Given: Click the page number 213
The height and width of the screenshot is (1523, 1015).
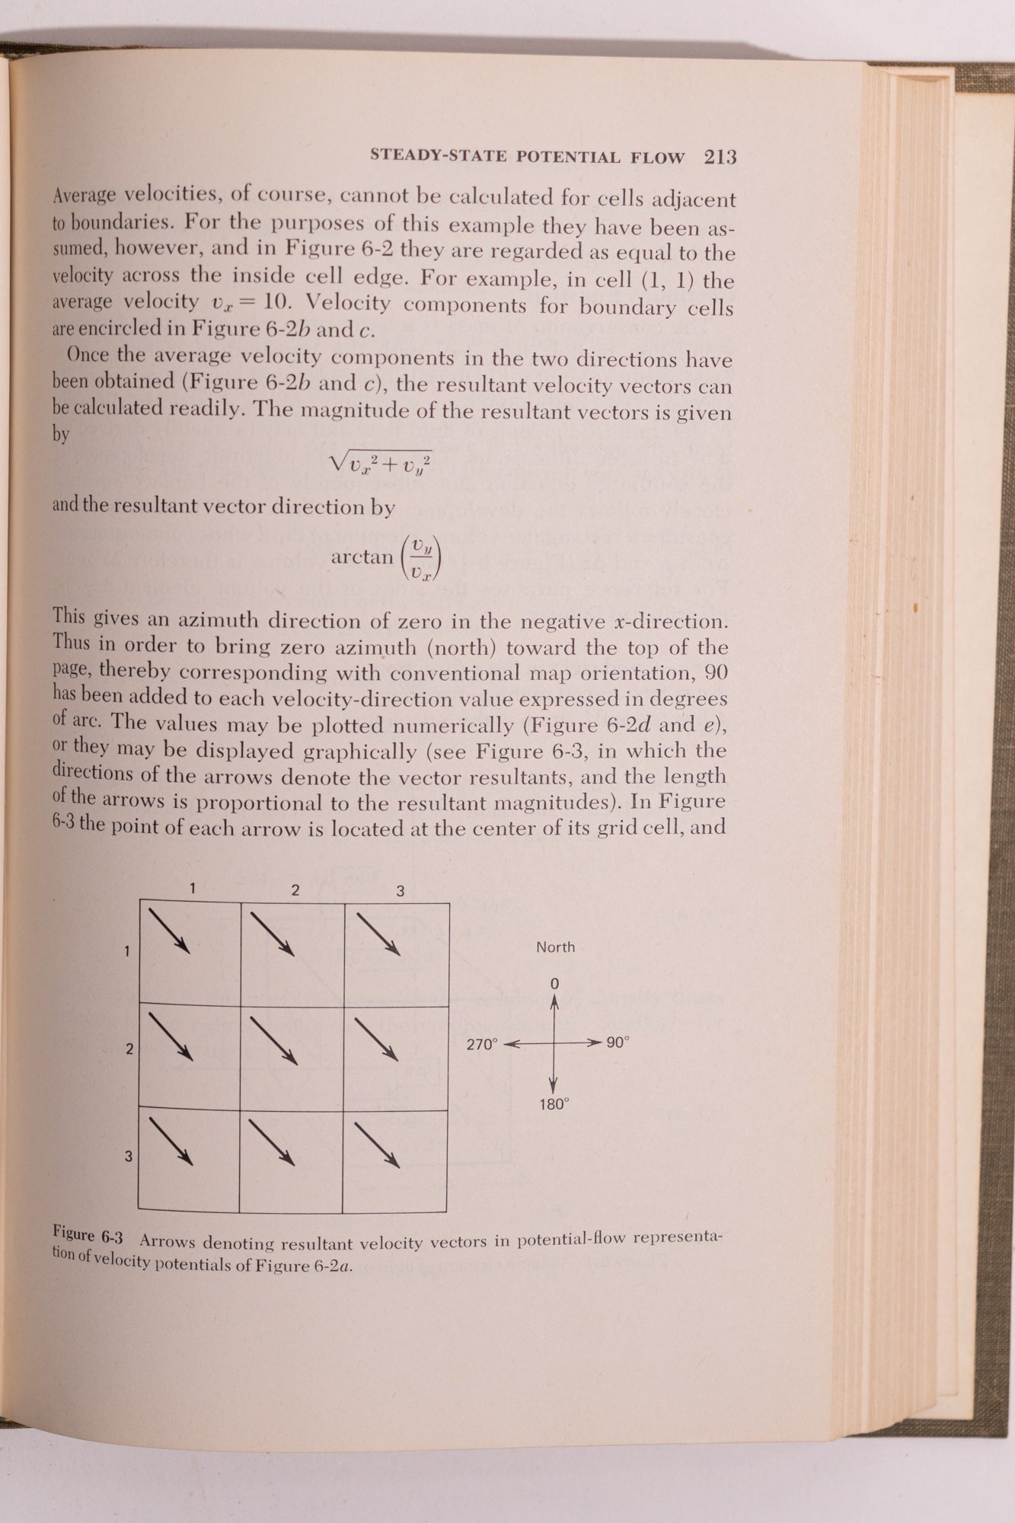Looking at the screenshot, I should (720, 157).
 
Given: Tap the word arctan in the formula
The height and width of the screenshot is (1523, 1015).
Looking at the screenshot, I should (362, 557).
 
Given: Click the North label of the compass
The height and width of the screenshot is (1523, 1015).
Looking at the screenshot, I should (555, 947).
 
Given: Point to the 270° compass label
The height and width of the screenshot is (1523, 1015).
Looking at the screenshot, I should (481, 1044).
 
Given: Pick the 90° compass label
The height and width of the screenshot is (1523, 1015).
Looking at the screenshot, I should (618, 1042).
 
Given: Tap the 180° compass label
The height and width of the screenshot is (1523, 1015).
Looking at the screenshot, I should (554, 1104).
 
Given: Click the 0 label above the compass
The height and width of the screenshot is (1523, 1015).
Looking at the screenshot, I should (554, 984).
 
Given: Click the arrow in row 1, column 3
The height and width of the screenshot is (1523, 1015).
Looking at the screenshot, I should (378, 933).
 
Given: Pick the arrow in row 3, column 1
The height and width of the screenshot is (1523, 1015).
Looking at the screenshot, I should (171, 1140).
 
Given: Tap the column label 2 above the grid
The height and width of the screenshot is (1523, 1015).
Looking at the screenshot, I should (295, 889).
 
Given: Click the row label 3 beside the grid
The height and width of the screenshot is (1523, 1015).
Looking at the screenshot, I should (129, 1156).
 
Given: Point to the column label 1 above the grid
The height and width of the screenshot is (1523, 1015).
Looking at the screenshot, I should (193, 887).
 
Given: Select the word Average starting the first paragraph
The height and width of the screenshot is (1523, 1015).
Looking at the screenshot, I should (84, 196).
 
